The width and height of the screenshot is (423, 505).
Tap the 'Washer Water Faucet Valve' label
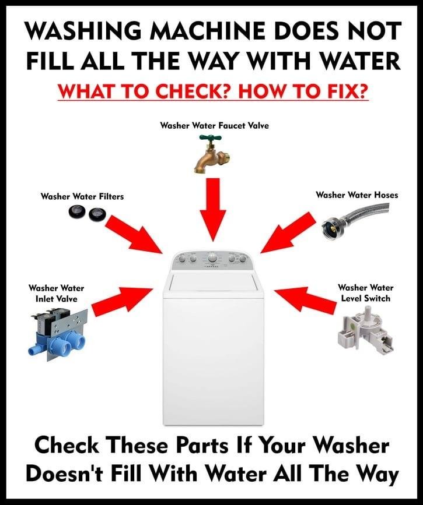pos(215,125)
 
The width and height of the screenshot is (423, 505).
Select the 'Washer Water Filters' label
pos(82,196)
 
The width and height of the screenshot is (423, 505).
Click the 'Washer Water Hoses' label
pos(357,195)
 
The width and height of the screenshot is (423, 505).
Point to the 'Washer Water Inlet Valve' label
pos(57,293)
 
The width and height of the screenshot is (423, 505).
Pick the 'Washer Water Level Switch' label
pos(366,293)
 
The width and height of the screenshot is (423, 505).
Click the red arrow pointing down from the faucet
pos(212,209)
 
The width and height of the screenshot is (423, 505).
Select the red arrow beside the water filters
pos(135,234)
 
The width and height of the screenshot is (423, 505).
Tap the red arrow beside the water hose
pos(288,232)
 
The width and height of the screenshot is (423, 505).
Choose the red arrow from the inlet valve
pos(123,299)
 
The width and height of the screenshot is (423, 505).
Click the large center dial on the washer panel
pos(212,258)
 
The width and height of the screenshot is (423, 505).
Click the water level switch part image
pos(365,333)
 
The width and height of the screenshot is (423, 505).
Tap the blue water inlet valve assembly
pos(56,335)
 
